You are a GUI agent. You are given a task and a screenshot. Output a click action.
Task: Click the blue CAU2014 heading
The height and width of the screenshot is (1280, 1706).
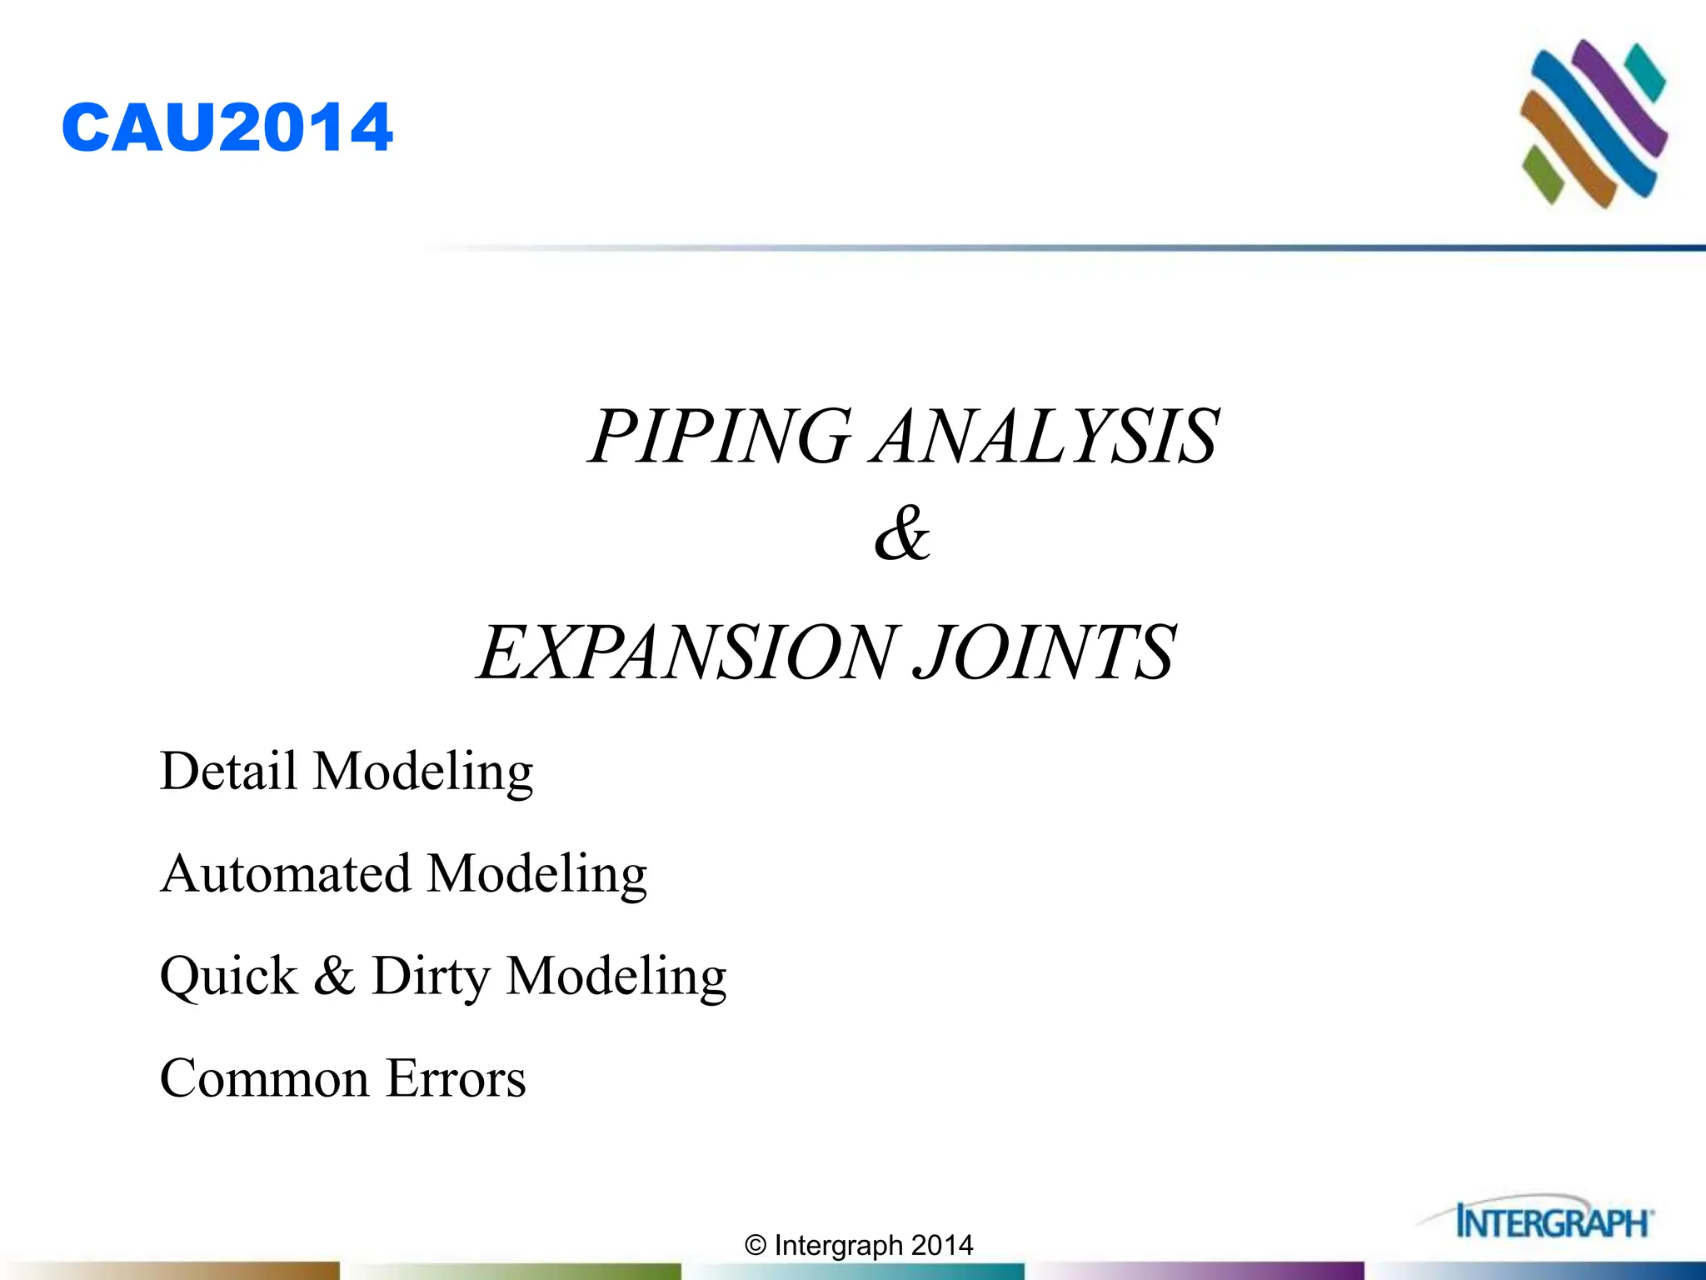click(x=227, y=127)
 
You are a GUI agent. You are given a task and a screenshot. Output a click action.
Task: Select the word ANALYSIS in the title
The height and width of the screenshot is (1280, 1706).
click(x=1046, y=436)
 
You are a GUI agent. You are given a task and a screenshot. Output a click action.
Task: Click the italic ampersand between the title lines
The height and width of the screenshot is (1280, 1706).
click(x=902, y=533)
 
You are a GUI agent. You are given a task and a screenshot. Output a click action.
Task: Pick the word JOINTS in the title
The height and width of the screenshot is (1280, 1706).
click(x=1045, y=652)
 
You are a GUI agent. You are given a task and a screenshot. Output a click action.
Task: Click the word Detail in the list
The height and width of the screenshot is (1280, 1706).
click(x=228, y=770)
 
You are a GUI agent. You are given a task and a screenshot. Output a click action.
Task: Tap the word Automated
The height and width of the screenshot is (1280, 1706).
click(x=286, y=873)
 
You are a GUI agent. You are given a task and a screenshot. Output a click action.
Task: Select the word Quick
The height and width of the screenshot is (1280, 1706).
click(x=228, y=976)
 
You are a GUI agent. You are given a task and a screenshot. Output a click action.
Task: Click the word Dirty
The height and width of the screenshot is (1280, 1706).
click(x=430, y=976)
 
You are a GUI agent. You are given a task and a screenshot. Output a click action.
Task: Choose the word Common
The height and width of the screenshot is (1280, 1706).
click(x=264, y=1078)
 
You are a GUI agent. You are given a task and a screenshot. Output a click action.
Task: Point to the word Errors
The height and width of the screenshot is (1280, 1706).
click(x=456, y=1078)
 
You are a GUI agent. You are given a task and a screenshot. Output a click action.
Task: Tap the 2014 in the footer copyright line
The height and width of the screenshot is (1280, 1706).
click(x=942, y=1245)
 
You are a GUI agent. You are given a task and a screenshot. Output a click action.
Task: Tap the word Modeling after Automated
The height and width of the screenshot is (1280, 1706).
click(x=537, y=873)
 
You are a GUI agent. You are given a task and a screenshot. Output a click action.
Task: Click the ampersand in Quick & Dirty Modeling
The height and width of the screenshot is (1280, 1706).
click(x=334, y=976)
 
